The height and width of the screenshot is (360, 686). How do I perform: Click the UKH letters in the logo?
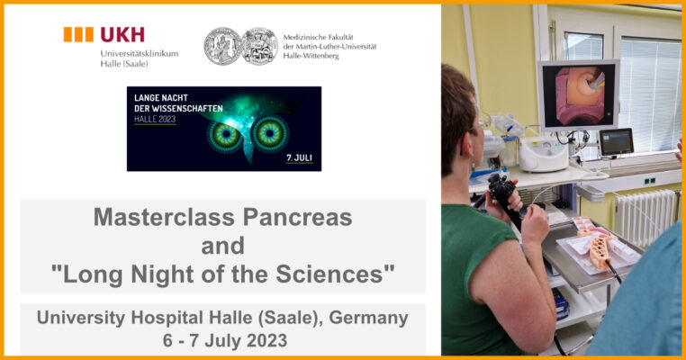122,34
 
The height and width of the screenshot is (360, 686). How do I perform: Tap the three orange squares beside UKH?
78,34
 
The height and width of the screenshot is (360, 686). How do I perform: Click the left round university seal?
222,47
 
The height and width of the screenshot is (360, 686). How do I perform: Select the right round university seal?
260,47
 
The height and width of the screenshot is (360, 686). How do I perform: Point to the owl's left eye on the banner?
226,135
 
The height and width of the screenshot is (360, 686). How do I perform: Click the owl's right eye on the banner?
270,133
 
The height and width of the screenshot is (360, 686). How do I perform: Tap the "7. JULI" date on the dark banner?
299,157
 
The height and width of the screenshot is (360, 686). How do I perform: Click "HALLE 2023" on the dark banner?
155,119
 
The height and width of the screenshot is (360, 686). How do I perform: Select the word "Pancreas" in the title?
297,217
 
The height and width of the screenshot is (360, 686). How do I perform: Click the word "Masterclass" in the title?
166,217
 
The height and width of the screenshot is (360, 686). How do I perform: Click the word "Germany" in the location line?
368,318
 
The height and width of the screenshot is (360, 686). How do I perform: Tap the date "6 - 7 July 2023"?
225,341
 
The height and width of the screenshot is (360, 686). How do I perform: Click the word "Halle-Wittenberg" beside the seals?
311,56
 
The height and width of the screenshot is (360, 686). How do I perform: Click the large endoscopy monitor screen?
578,95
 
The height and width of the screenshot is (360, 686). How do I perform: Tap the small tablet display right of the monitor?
617,142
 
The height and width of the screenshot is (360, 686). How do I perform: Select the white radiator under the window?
645,218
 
